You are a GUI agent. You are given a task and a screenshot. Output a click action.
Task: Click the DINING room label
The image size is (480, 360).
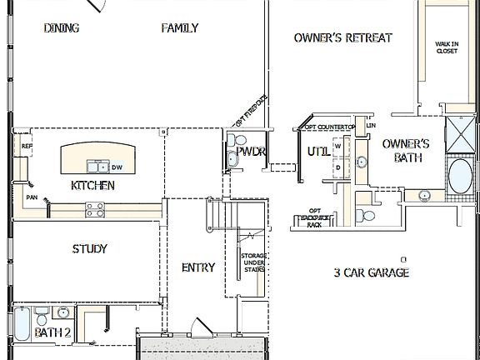(61, 28)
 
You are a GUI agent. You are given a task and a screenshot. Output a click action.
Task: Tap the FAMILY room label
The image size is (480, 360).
(179, 28)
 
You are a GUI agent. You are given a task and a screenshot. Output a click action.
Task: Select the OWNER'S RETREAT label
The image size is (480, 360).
(342, 37)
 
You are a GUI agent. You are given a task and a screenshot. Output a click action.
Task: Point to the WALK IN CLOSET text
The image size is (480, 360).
(447, 47)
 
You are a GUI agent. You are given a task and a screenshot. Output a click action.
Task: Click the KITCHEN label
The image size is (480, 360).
(92, 185)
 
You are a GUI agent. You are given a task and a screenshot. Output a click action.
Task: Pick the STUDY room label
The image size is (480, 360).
(89, 248)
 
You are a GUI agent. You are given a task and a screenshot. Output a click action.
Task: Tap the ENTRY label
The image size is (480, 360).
(197, 267)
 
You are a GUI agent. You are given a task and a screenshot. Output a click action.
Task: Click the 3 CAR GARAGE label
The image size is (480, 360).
(371, 272)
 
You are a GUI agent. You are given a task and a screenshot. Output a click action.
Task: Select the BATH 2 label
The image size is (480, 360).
(52, 332)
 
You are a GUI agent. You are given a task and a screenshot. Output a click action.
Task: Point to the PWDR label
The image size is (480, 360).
(251, 152)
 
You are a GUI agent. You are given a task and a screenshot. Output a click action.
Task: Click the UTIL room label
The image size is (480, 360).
(317, 152)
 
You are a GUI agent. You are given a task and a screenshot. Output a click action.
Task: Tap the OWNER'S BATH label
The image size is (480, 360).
(406, 150)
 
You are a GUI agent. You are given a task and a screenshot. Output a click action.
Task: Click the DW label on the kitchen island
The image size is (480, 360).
(117, 167)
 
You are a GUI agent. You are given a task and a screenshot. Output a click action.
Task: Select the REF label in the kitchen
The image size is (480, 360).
(27, 147)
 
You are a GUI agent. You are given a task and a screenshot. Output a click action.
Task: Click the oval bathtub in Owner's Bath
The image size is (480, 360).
(459, 177)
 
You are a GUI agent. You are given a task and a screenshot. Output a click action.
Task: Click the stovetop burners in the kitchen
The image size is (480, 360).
(95, 211)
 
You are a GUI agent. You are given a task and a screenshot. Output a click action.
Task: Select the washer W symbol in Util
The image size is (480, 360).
(337, 146)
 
